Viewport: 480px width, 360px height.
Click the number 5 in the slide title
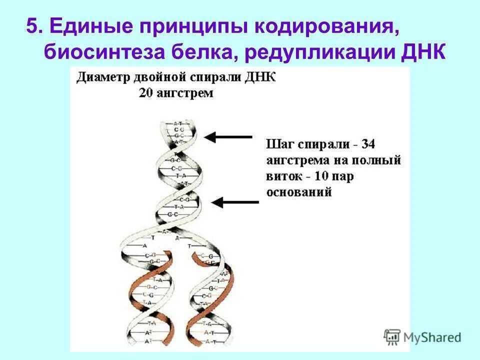pyautogui.click(x=32, y=26)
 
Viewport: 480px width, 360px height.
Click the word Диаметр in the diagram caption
pyautogui.click(x=102, y=79)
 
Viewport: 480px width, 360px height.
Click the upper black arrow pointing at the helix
pyautogui.click(x=228, y=136)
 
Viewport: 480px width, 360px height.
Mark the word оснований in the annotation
pyautogui.click(x=299, y=192)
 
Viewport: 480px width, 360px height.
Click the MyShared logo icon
pyautogui.click(x=392, y=337)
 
